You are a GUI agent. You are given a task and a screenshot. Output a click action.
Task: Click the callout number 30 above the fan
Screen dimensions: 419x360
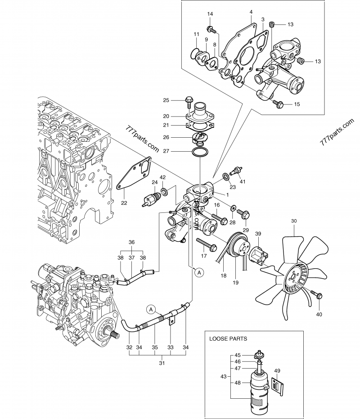tap(294, 221)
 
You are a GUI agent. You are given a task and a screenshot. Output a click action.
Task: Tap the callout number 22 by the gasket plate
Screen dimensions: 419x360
tap(124, 203)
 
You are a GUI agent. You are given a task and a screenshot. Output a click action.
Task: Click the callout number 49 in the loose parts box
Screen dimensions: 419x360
tap(277, 371)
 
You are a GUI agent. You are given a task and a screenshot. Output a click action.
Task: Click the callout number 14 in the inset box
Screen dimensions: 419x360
tap(210, 15)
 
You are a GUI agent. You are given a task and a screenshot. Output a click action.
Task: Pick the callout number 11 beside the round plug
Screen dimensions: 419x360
tap(196, 35)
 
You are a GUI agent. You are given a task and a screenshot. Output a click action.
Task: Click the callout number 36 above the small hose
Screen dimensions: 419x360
tap(132, 242)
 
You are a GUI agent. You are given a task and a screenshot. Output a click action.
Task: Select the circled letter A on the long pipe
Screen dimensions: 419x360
tap(152, 309)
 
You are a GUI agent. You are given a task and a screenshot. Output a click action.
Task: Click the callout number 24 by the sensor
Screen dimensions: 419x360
tap(154, 182)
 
